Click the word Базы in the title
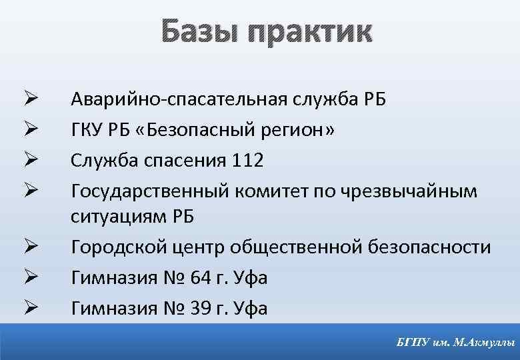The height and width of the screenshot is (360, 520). [198, 31]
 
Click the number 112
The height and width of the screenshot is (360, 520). [249, 161]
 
